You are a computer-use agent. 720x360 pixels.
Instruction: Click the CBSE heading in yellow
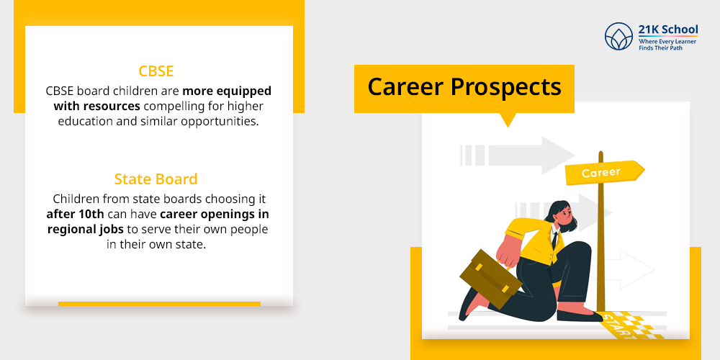point(156,71)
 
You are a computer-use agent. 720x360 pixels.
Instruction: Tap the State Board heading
point(156,179)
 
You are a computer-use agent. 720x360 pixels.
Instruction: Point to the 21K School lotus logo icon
point(618,36)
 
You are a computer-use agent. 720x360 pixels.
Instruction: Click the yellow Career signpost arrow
point(603,173)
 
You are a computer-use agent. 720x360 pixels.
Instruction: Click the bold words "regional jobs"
point(84,229)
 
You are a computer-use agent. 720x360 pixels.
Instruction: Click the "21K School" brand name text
point(668,30)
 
